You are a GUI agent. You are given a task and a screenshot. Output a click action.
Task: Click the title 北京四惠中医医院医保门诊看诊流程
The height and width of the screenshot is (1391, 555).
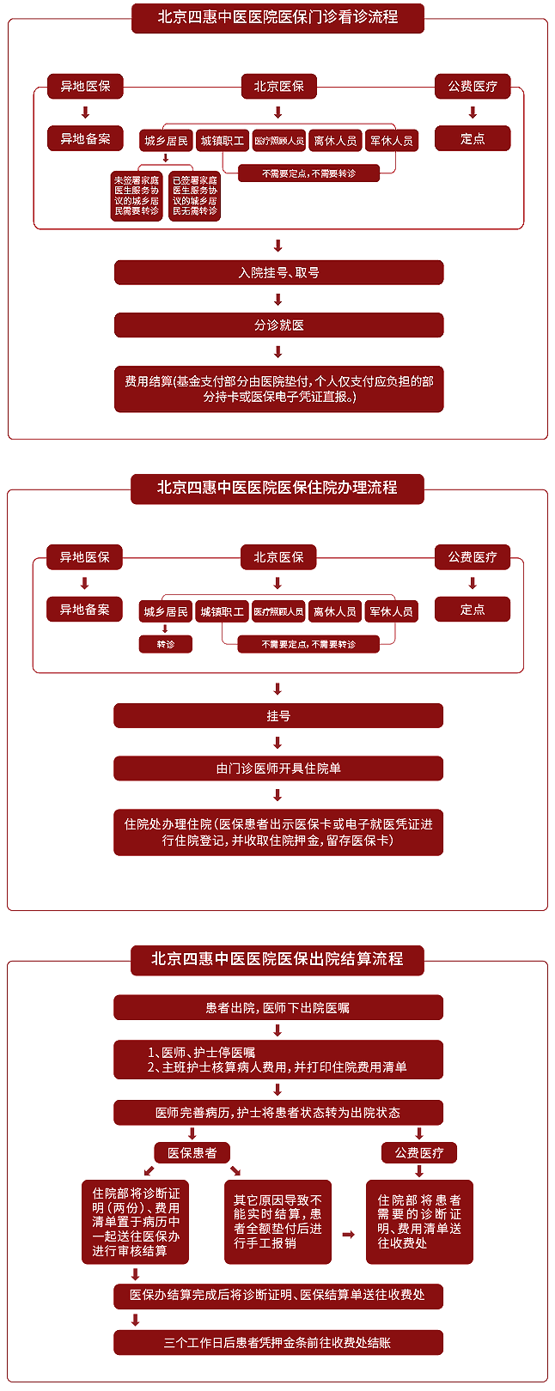[277, 17]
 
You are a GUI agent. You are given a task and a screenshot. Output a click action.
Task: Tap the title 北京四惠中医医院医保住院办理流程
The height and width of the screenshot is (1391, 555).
[277, 488]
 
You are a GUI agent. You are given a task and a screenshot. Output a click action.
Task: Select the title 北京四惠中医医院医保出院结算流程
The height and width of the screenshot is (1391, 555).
[277, 959]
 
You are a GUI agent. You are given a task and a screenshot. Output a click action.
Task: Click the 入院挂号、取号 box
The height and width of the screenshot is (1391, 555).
[278, 273]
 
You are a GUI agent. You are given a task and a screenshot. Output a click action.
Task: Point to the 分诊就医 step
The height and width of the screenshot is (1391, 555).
[278, 325]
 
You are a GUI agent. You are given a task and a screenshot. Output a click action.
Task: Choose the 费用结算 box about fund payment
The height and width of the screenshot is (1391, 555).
[278, 389]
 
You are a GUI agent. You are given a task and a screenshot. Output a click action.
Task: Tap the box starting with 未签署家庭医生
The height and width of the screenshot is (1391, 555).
[137, 196]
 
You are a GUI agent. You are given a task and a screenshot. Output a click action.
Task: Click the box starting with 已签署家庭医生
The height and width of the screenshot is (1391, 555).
[195, 196]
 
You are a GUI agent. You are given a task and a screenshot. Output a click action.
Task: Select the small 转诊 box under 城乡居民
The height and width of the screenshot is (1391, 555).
[166, 644]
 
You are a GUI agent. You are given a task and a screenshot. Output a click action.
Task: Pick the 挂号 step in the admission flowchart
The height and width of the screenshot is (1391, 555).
[278, 716]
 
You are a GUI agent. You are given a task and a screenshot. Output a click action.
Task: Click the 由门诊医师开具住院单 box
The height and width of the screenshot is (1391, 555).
[278, 768]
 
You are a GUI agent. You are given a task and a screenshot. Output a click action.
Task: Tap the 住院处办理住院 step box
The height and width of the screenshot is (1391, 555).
[278, 832]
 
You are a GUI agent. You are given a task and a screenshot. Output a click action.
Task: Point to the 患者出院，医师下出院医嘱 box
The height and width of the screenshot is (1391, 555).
[278, 1008]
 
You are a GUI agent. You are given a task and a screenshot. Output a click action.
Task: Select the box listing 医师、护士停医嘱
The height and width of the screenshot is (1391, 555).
[278, 1060]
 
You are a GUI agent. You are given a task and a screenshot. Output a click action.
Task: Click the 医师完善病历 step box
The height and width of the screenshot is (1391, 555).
[278, 1113]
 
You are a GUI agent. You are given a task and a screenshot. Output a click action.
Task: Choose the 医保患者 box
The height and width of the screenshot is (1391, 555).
[192, 1153]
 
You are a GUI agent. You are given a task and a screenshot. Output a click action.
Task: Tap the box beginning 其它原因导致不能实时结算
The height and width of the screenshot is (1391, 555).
[277, 1222]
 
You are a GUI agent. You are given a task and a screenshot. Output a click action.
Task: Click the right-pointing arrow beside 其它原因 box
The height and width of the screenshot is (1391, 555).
[348, 1235]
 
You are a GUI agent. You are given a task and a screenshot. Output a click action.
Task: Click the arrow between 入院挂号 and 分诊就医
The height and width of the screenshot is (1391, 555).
[277, 300]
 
